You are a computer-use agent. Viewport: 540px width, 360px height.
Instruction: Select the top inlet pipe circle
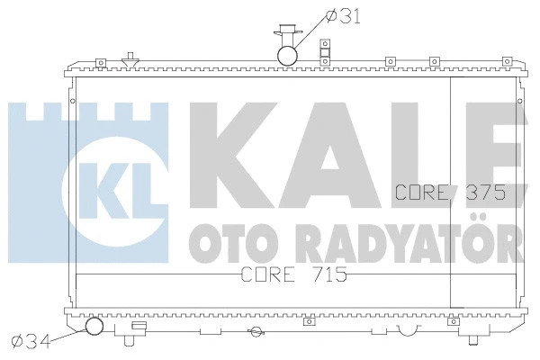tap(288, 55)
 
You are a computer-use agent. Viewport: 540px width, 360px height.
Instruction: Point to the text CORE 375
tap(448, 192)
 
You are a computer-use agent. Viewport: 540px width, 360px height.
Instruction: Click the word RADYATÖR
tap(405, 238)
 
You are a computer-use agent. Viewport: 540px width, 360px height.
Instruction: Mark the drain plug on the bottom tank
tap(256, 333)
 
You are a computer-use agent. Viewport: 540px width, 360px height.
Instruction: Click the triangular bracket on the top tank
tap(131, 60)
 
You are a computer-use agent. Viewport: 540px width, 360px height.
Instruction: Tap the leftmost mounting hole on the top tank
tap(102, 62)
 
